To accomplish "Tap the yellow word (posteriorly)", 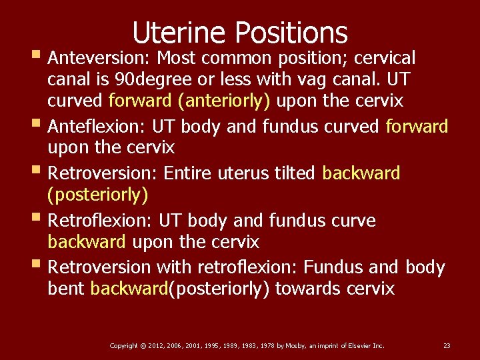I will coord(98,195).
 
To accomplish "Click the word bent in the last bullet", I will coord(66,289).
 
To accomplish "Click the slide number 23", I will coord(447,345).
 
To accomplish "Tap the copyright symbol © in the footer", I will coord(143,345).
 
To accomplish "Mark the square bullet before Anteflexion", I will coord(36,123).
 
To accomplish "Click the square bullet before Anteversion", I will coord(36,55).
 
